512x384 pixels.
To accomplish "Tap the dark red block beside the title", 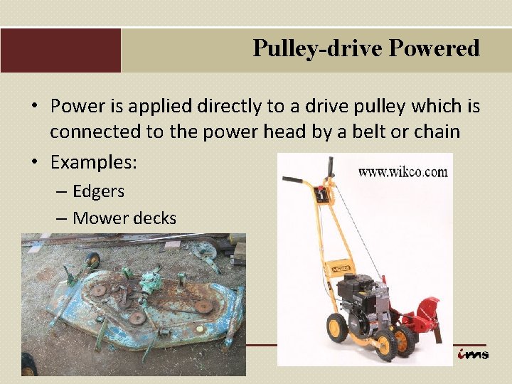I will [60, 50].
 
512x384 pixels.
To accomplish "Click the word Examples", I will [93, 162].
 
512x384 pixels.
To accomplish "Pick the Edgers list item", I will [98, 191].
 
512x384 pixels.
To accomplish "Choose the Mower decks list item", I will [124, 218].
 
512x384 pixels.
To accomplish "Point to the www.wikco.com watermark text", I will [402, 172].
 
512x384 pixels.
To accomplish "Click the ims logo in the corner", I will [472, 353].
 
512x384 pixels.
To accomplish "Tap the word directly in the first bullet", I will [238, 107].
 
